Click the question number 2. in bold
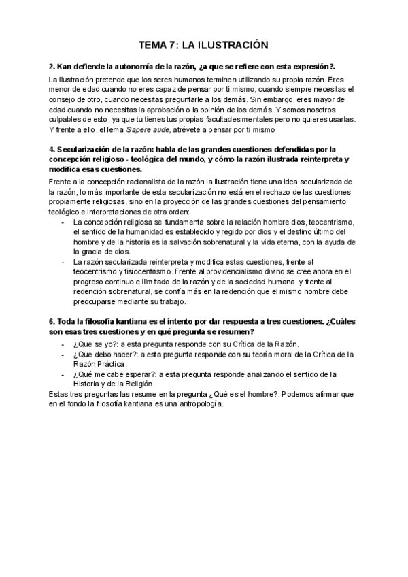52,67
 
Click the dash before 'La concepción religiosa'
63,222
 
